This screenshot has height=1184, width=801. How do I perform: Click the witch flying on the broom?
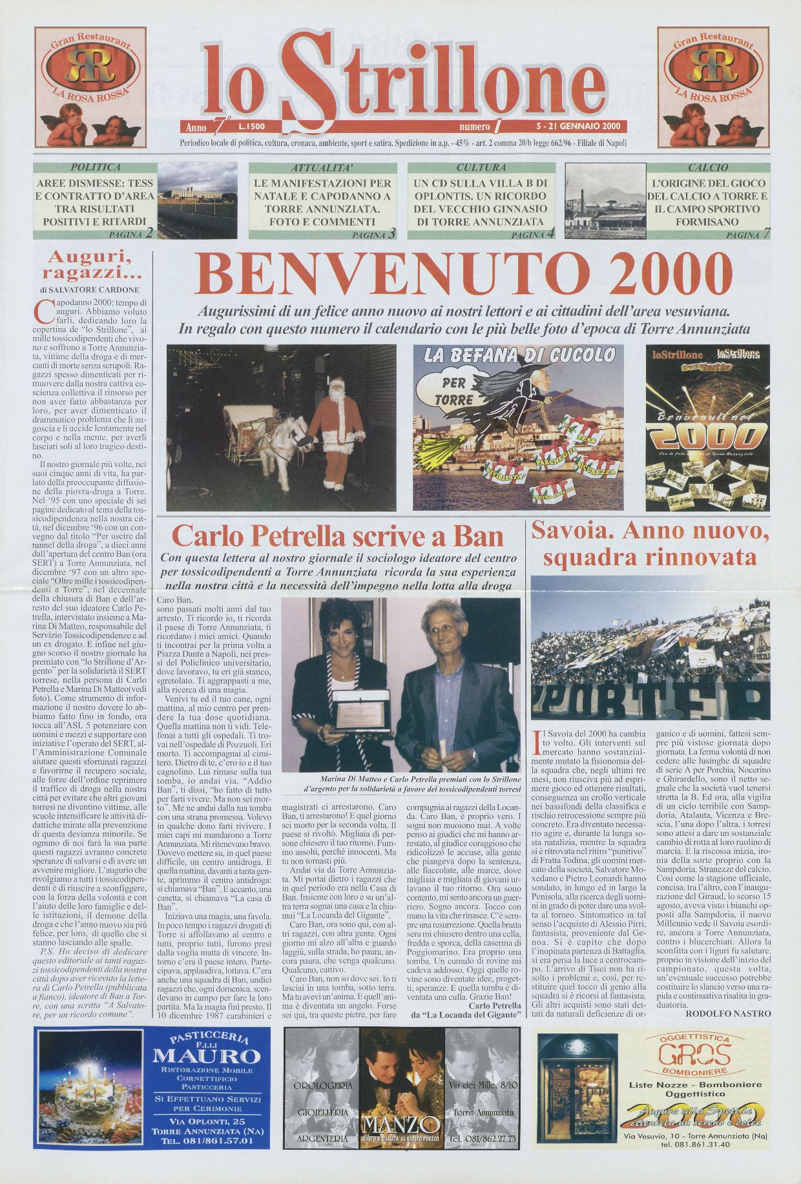[x=517, y=394]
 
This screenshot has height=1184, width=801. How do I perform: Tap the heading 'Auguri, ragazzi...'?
[x=97, y=264]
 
